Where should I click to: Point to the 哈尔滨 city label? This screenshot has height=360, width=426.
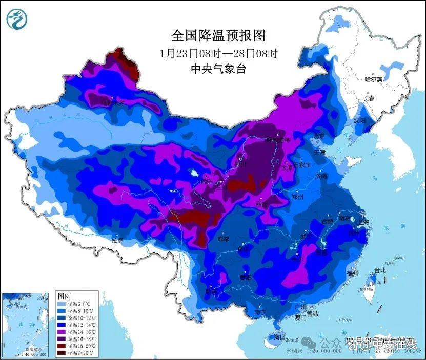click(373, 79)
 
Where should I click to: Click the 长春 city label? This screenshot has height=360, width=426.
click(369, 98)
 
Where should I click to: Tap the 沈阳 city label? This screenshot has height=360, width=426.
click(359, 121)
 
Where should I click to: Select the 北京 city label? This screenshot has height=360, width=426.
click(319, 137)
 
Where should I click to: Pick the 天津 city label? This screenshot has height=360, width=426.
click(319, 152)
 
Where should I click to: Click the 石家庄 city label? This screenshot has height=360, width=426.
click(298, 165)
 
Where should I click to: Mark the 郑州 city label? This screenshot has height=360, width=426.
click(297, 197)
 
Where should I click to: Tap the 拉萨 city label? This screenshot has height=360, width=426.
click(117, 240)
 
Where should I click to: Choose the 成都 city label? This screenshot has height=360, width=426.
click(224, 239)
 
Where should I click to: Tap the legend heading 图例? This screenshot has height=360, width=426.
click(64, 297)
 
